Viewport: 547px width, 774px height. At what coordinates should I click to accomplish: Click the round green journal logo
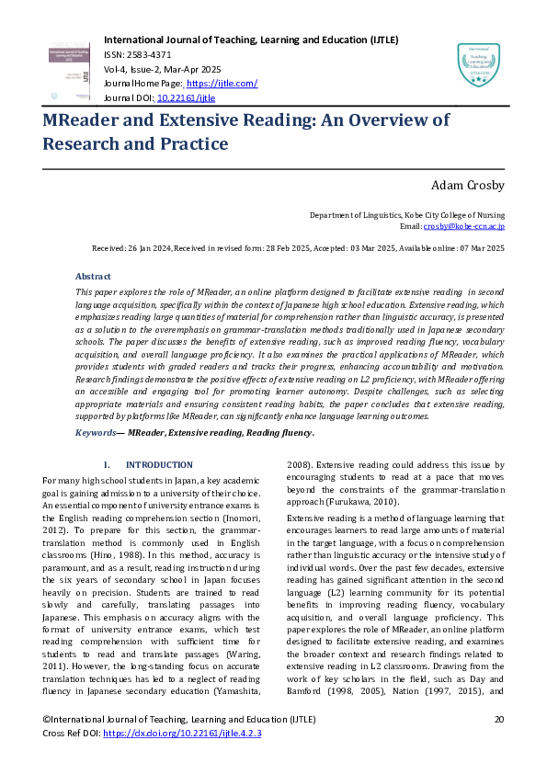click(x=478, y=65)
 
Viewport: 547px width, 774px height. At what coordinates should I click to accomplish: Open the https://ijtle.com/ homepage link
click(x=224, y=84)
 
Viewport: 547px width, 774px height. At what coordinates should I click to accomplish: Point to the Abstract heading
click(x=93, y=276)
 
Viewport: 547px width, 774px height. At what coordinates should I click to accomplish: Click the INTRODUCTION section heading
click(x=159, y=465)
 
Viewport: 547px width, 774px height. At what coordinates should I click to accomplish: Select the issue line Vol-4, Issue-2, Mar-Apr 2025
click(x=164, y=70)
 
